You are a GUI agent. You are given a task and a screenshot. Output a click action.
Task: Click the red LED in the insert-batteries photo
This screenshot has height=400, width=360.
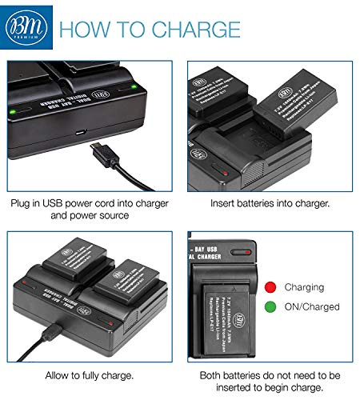[227, 173]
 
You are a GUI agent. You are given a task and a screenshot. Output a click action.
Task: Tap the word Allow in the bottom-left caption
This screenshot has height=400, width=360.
[58, 374]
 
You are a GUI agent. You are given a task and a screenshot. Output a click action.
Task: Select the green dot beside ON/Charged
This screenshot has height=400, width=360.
[270, 306]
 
